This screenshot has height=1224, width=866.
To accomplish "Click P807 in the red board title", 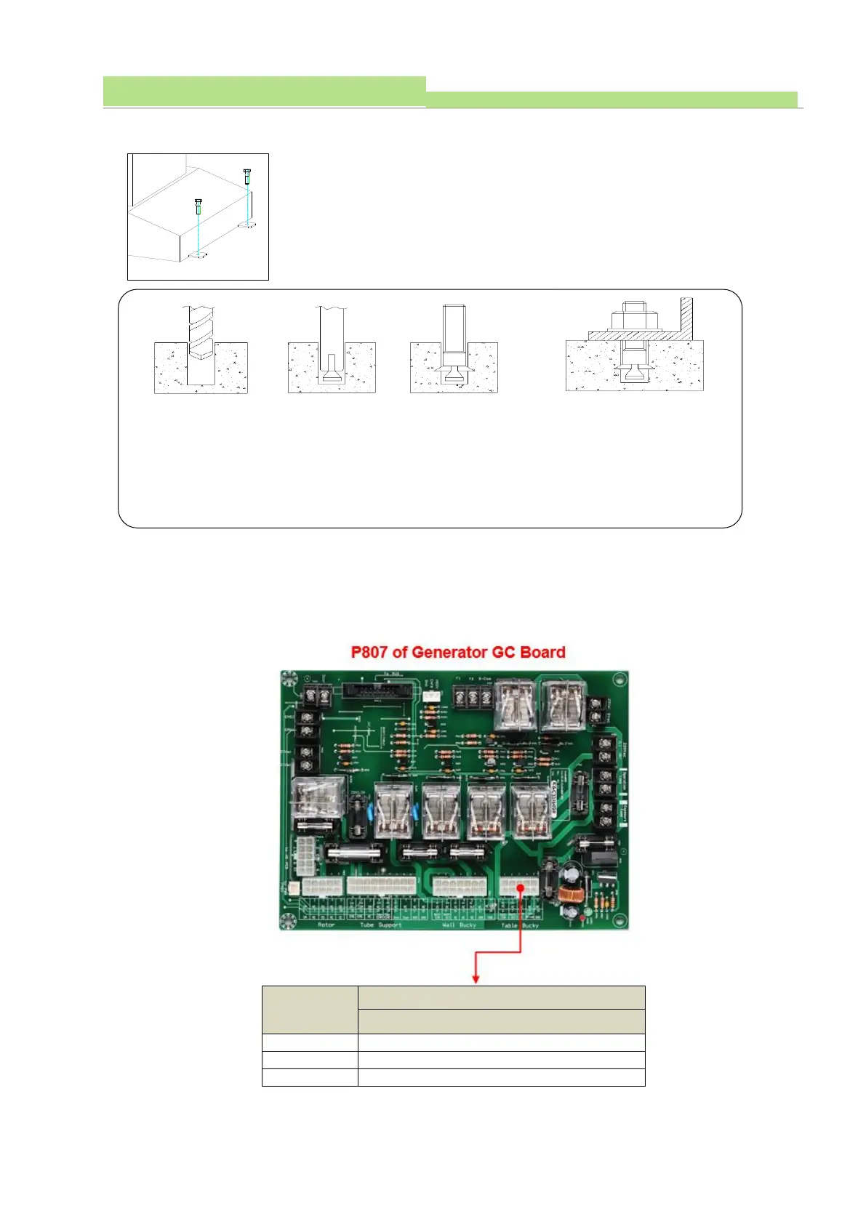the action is click(x=369, y=652).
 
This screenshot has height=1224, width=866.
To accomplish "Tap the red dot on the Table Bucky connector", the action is click(x=521, y=887).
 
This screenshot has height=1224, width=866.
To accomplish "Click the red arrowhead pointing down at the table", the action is click(x=476, y=980).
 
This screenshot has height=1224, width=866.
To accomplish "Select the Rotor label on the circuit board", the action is click(x=326, y=925).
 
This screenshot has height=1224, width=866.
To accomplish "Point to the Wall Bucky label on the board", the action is click(x=459, y=925).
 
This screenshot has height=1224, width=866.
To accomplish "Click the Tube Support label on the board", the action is click(x=380, y=925).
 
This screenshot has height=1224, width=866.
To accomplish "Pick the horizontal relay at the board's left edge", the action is click(x=316, y=800).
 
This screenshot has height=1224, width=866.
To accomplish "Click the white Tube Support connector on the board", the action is click(x=381, y=885).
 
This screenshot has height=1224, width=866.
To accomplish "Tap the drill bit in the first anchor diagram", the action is click(x=200, y=331).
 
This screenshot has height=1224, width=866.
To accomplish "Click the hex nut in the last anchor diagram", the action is click(x=635, y=319).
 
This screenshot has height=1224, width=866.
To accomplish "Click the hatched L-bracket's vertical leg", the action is click(x=686, y=316).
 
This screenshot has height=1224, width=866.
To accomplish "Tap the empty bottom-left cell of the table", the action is click(x=310, y=1077).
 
